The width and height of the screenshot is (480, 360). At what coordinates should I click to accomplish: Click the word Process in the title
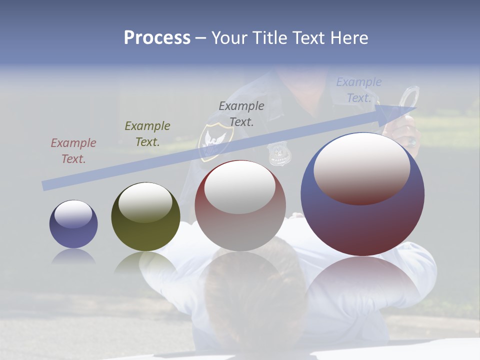pyautogui.click(x=157, y=38)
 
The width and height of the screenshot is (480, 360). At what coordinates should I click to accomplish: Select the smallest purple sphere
pyautogui.click(x=73, y=224)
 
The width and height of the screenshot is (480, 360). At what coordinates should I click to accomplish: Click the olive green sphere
pyautogui.click(x=145, y=216)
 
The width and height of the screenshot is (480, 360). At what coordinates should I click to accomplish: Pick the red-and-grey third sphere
pyautogui.click(x=240, y=206)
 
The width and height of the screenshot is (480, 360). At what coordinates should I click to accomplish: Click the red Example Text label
pyautogui.click(x=73, y=151)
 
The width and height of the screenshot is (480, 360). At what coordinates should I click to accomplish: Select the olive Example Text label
pyautogui.click(x=147, y=134)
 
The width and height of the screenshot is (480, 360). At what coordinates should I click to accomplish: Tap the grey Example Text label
pyautogui.click(x=241, y=114)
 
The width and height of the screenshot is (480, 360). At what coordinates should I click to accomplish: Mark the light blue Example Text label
pyautogui.click(x=359, y=90)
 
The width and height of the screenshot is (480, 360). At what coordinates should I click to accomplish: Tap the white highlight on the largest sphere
pyautogui.click(x=361, y=167)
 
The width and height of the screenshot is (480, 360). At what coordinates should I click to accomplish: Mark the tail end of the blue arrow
pyautogui.click(x=45, y=185)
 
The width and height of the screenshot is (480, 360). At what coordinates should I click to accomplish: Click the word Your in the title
pyautogui.click(x=228, y=38)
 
